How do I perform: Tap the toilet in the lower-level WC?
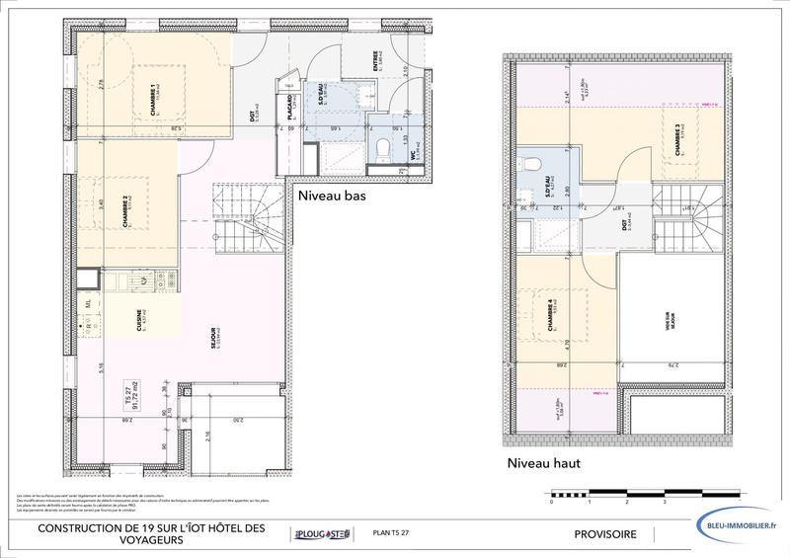pyautogui.click(x=381, y=148)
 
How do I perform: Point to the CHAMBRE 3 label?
pyautogui.click(x=678, y=141)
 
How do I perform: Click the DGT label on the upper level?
pyautogui.click(x=625, y=226)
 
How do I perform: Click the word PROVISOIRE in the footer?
pyautogui.click(x=605, y=534)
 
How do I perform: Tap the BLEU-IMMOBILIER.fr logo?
pyautogui.click(x=735, y=527)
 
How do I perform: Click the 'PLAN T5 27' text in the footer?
pyautogui.click(x=393, y=534)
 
